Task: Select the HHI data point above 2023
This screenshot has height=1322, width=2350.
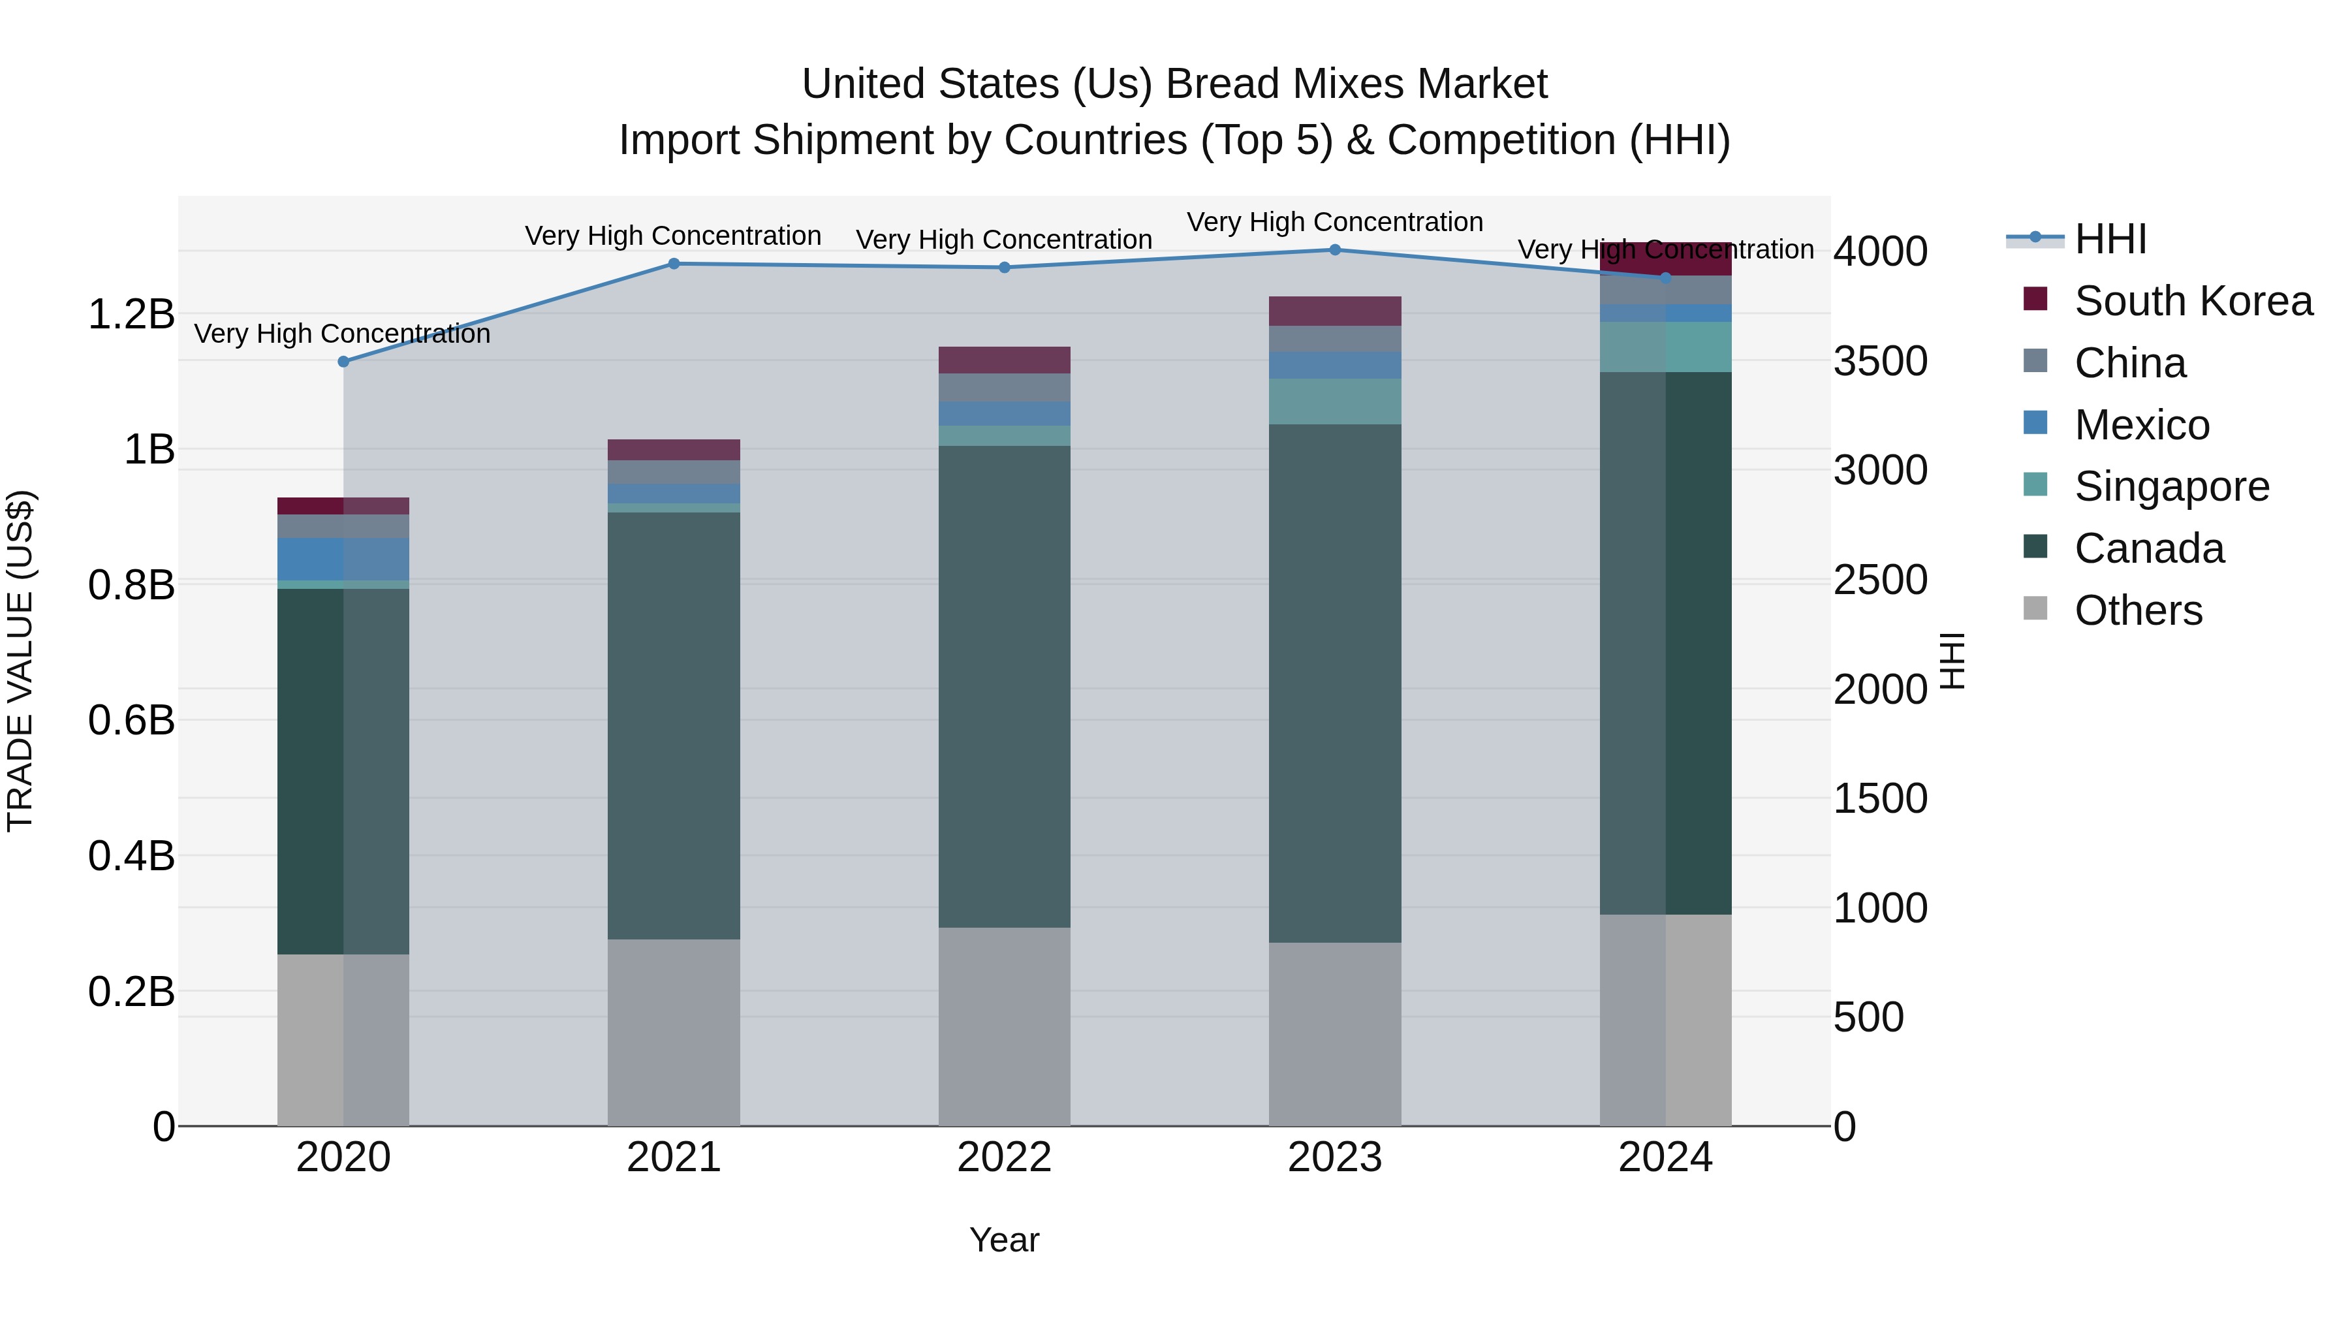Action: [x=1335, y=250]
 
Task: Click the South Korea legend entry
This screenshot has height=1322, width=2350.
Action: [x=2193, y=301]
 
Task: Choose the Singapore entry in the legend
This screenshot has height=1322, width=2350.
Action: [x=2171, y=486]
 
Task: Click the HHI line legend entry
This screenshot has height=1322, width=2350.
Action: [x=2110, y=239]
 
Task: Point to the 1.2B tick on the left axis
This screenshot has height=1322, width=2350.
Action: [x=131, y=315]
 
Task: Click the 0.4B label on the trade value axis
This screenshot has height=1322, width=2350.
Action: [x=131, y=856]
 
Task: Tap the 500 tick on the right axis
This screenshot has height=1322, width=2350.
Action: [x=1868, y=1017]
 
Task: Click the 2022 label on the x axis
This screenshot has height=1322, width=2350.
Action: [x=1005, y=1157]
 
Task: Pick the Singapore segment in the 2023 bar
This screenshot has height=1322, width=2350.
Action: [x=1335, y=401]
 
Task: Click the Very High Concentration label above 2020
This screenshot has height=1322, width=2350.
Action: [x=342, y=334]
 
